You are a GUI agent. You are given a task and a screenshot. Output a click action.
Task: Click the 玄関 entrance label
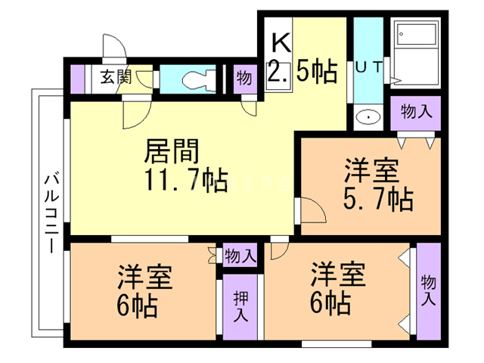tap(116, 76)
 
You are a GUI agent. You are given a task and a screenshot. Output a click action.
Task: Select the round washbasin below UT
tap(369, 118)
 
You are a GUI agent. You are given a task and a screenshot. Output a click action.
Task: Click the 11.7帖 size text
tap(181, 181)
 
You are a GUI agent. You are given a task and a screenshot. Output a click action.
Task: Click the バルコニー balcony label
tap(51, 213)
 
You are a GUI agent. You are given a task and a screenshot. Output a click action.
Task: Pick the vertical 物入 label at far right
tap(428, 290)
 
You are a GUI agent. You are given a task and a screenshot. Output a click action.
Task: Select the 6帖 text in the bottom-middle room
tap(330, 303)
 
